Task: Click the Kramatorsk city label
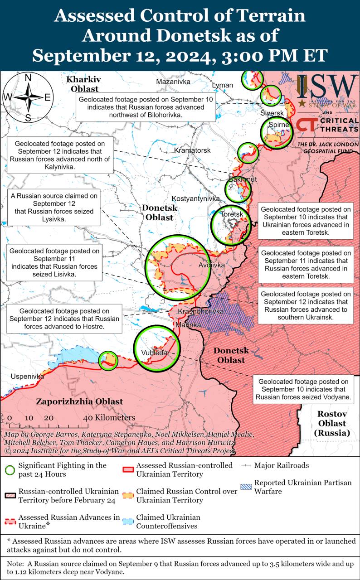(x=192, y=150)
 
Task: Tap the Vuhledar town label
(x=155, y=353)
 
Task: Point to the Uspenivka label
(x=28, y=377)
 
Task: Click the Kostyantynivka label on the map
(x=195, y=198)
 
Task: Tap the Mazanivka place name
(x=173, y=82)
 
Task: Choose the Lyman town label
(x=222, y=85)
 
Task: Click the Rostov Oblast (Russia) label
(x=331, y=423)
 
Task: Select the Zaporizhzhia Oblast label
(x=79, y=401)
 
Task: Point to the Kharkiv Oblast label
(x=83, y=84)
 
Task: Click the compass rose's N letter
(x=28, y=77)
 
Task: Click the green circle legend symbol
(x=12, y=470)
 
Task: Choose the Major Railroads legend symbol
(x=246, y=465)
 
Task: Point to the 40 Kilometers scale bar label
(x=109, y=417)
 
